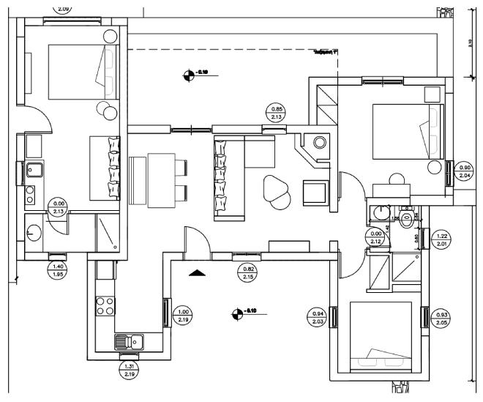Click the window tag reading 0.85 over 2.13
pos(277,113)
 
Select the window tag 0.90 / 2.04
pos(464,170)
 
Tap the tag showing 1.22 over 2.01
pos(441,239)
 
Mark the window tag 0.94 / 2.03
pos(318,316)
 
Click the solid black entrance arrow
pos(196,273)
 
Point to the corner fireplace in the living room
pos(316,146)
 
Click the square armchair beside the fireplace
pos(315,193)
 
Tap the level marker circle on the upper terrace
pos(190,73)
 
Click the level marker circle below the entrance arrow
pos(236,314)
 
